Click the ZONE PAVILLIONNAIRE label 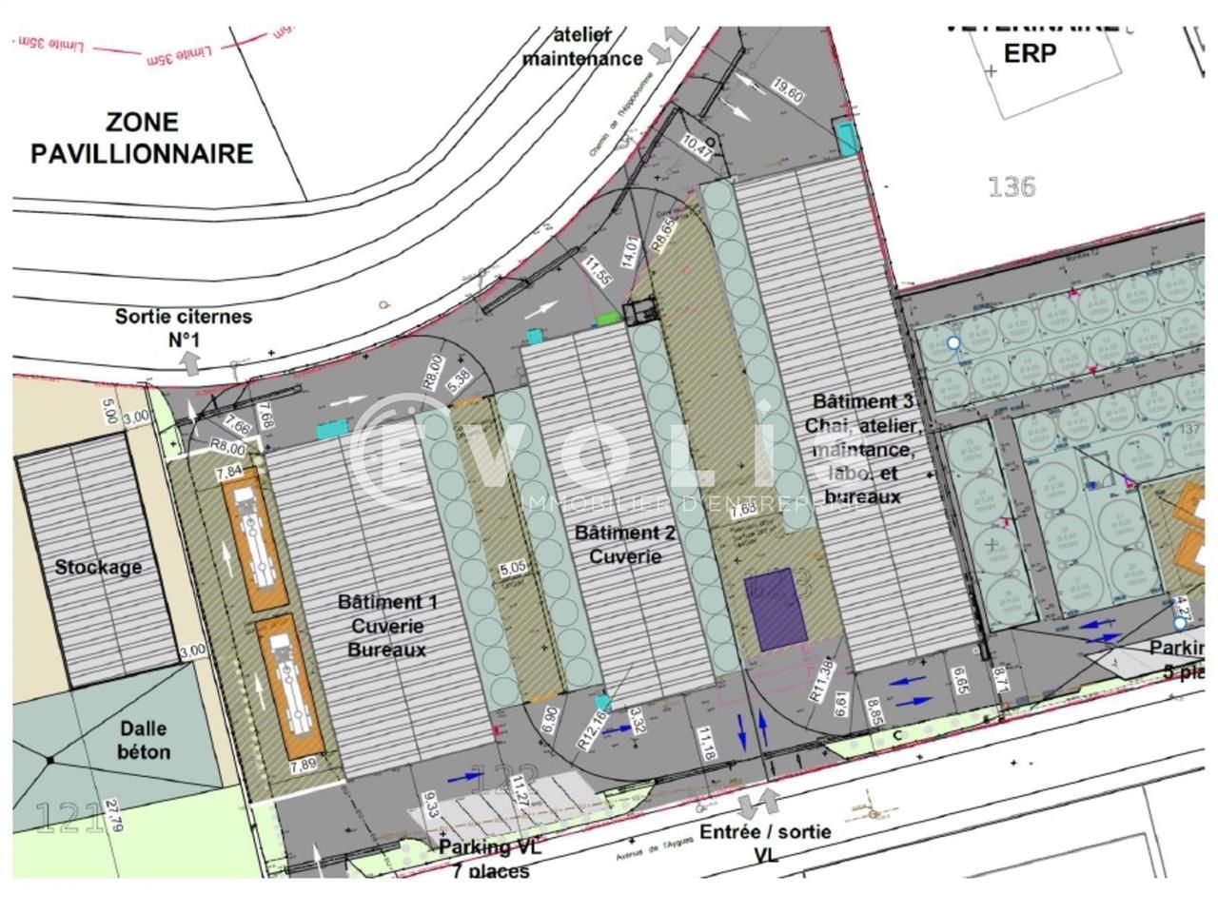coord(142,138)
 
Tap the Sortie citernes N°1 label coord(184,326)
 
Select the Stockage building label coord(98,567)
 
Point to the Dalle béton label coord(144,740)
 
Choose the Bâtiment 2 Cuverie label coord(625,544)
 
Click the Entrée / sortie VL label coord(765,842)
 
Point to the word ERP coord(1031,53)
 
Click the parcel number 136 coord(1011,186)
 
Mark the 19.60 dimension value coord(789,93)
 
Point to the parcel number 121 coord(69,817)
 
